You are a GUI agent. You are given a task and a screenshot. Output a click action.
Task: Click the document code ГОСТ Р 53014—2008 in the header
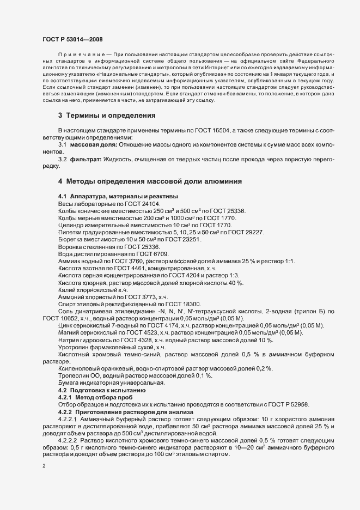(x=72, y=39)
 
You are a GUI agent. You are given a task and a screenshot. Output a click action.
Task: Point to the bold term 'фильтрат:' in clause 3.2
(x=86, y=159)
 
